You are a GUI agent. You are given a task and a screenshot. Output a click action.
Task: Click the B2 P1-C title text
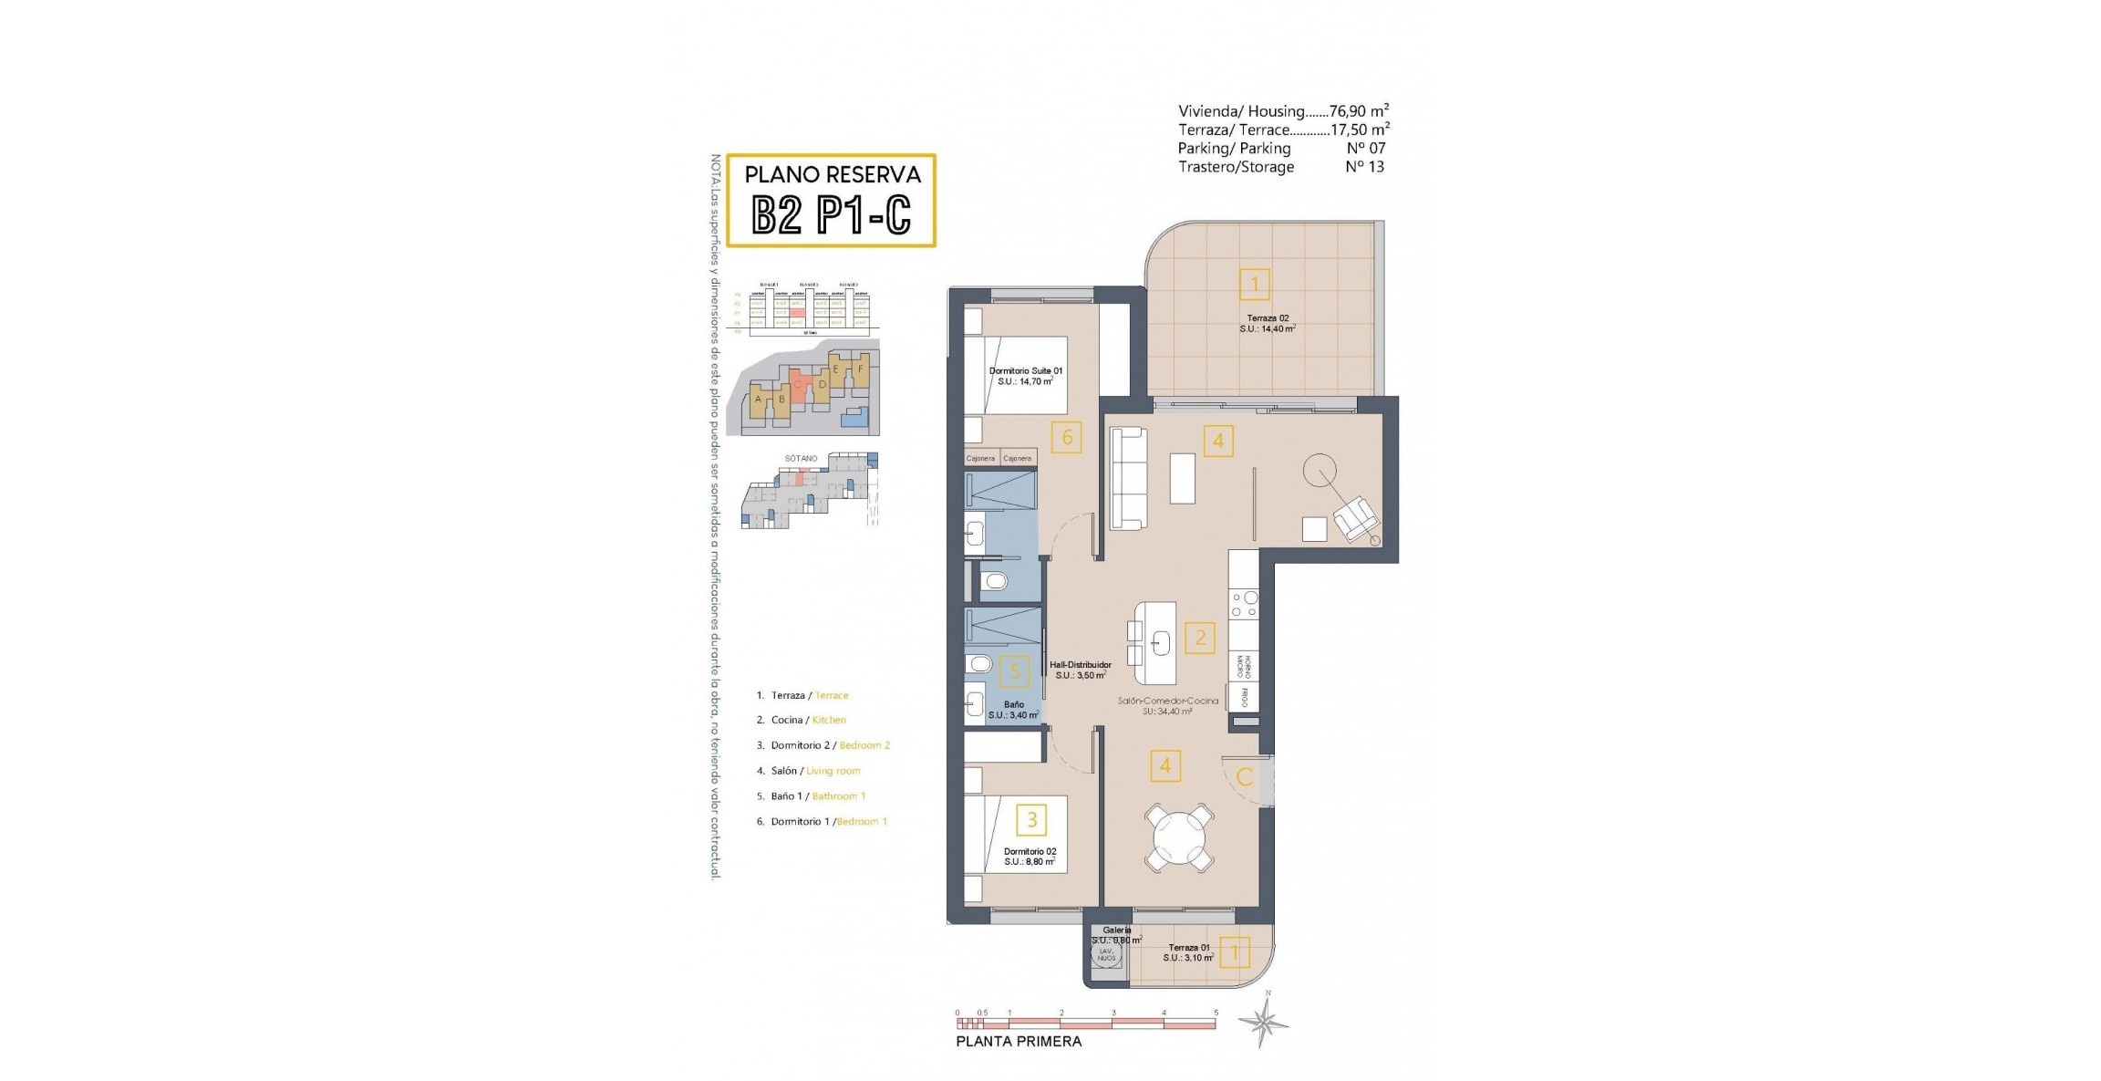point(831,216)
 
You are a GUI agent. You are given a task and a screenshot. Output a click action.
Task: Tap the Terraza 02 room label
point(1268,324)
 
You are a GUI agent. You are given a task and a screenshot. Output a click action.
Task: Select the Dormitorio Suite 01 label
point(1025,376)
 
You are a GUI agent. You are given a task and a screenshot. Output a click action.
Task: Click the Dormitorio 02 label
point(1030,857)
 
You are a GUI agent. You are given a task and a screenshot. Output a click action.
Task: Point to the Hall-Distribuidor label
point(1080,670)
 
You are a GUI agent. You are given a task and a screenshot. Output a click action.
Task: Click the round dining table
point(1179,837)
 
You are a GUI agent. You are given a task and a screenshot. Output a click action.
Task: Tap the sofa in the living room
point(1128,479)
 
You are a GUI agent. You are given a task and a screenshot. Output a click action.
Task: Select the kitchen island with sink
point(1155,643)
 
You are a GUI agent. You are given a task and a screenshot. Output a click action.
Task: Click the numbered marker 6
point(1067,438)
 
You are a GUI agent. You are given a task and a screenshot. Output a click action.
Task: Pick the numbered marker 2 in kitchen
point(1200,638)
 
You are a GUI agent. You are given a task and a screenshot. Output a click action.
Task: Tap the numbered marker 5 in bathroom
point(1014,672)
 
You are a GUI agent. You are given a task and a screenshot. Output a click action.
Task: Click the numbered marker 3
point(1031,819)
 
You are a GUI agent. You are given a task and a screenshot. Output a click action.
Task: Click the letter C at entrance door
point(1245,777)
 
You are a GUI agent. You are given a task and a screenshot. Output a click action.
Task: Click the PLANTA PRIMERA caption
point(1019,1041)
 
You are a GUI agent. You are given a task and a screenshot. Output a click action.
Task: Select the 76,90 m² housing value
point(1359,110)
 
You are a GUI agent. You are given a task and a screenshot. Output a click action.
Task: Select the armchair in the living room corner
point(1356,518)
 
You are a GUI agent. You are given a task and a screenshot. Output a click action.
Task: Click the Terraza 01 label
point(1188,952)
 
